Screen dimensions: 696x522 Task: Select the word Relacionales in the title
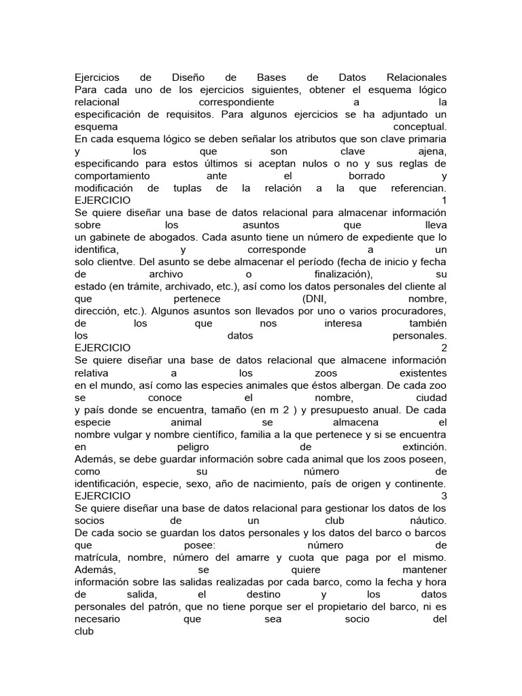point(416,77)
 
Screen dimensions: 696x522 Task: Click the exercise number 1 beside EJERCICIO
point(444,201)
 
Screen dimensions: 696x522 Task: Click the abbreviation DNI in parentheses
point(314,299)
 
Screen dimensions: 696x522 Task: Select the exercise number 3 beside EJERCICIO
point(444,496)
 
